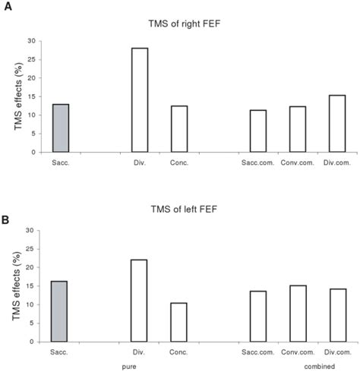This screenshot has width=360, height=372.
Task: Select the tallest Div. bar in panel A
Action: coord(139,100)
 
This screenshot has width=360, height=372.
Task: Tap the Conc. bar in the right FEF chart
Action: coord(178,129)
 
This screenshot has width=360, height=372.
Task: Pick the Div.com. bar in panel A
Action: coord(336,124)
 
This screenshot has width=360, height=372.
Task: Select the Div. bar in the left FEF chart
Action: coord(139,301)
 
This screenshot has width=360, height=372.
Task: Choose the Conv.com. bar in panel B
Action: coord(297,314)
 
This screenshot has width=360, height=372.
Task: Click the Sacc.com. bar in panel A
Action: coord(257,131)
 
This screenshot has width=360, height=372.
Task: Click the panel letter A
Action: coord(7,6)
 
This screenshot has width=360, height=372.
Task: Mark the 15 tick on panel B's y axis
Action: coord(31,286)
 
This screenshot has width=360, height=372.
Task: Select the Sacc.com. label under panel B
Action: coord(258,352)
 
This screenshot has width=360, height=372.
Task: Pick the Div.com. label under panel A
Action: coord(336,162)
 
